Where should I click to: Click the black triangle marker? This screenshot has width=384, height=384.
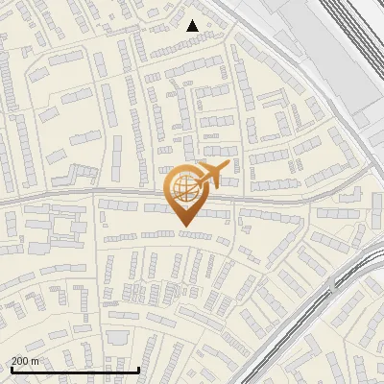(193, 26)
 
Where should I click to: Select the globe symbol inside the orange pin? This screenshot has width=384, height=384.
(184, 189)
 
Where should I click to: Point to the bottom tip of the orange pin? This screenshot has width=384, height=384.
(184, 227)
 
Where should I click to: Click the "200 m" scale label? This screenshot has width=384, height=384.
(25, 361)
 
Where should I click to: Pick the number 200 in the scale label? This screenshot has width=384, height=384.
(20, 361)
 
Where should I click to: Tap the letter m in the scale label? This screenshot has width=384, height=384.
(36, 361)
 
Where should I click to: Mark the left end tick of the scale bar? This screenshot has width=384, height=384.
(12, 368)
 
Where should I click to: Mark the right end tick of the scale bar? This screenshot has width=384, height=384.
(139, 368)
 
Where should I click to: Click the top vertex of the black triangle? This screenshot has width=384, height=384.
(193, 20)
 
